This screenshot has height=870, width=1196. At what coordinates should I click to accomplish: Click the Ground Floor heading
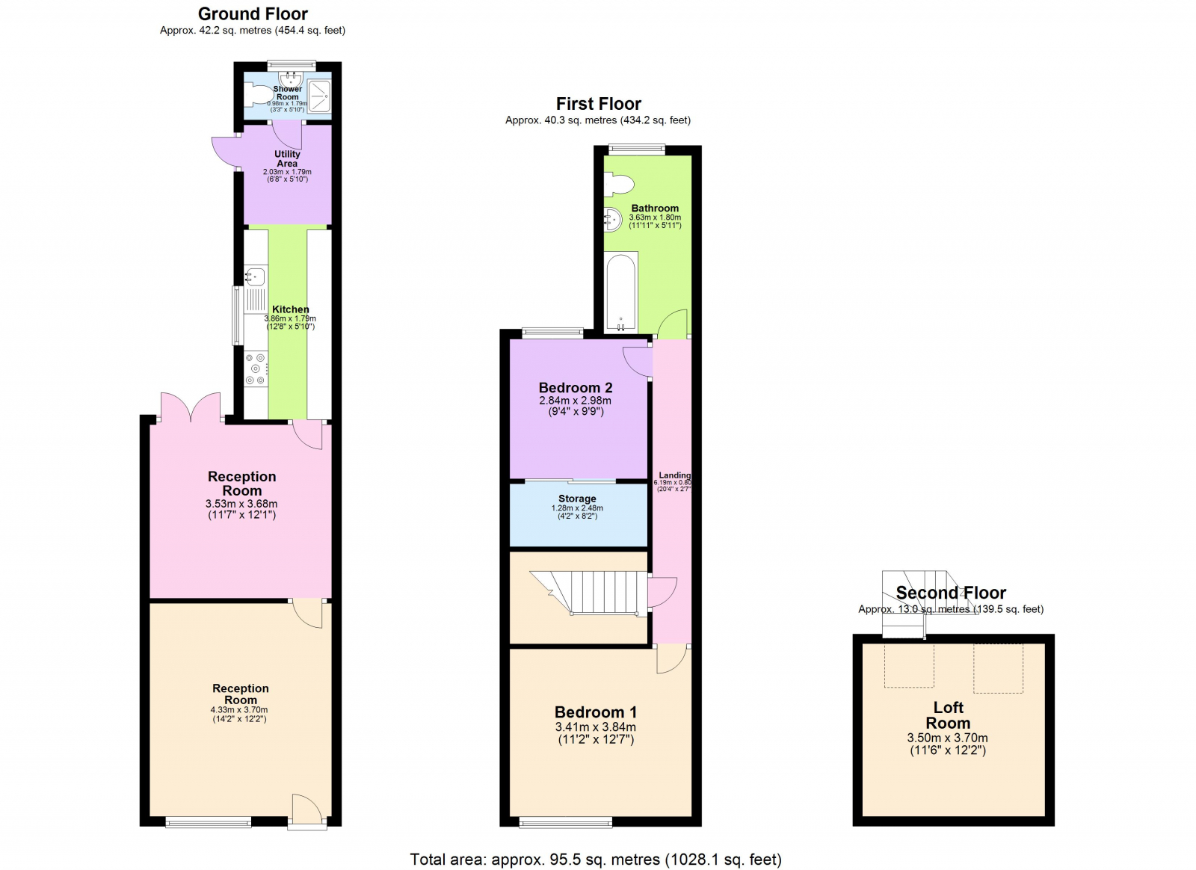253,14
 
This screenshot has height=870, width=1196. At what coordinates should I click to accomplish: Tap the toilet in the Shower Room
258,95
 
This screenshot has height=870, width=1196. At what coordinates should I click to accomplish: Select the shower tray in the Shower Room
319,96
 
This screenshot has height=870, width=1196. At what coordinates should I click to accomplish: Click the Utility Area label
287,158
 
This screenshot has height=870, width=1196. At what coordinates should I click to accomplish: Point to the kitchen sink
255,277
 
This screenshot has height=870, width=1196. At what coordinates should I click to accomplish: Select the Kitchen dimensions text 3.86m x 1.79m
290,318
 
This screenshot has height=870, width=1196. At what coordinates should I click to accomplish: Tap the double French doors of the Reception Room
190,408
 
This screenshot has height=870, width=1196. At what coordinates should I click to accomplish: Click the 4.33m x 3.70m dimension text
239,710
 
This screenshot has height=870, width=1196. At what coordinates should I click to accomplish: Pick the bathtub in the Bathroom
620,291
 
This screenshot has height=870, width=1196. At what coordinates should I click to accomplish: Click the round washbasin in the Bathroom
613,219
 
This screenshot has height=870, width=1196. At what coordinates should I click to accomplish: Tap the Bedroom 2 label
576,388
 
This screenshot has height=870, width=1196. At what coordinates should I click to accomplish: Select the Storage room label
577,499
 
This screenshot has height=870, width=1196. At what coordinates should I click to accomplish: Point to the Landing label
674,475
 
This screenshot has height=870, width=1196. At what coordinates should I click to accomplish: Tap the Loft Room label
948,715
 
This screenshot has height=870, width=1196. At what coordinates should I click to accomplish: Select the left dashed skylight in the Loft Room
909,665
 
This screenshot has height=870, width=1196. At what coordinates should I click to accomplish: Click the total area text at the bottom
596,860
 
